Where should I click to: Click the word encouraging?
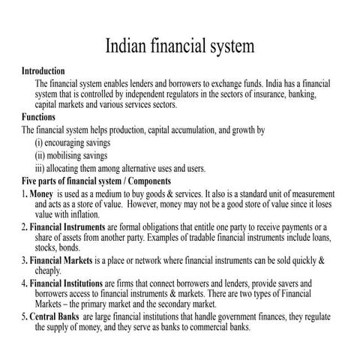click(x=76, y=142)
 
